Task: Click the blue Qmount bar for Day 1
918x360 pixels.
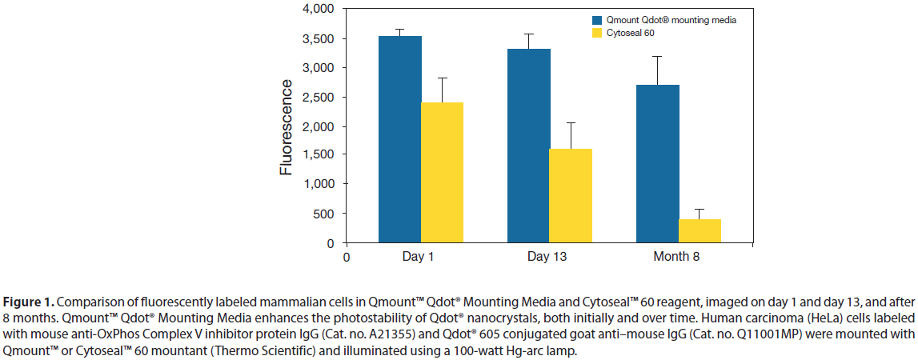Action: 400,140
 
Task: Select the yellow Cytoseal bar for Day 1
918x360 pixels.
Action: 443,172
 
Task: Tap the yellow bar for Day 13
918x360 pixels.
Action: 571,195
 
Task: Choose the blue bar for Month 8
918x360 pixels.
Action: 658,163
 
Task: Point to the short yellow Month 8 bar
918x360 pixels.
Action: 700,230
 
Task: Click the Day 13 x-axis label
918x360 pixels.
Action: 550,257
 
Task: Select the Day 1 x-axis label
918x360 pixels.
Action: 422,257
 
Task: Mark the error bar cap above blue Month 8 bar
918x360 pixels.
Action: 658,56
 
